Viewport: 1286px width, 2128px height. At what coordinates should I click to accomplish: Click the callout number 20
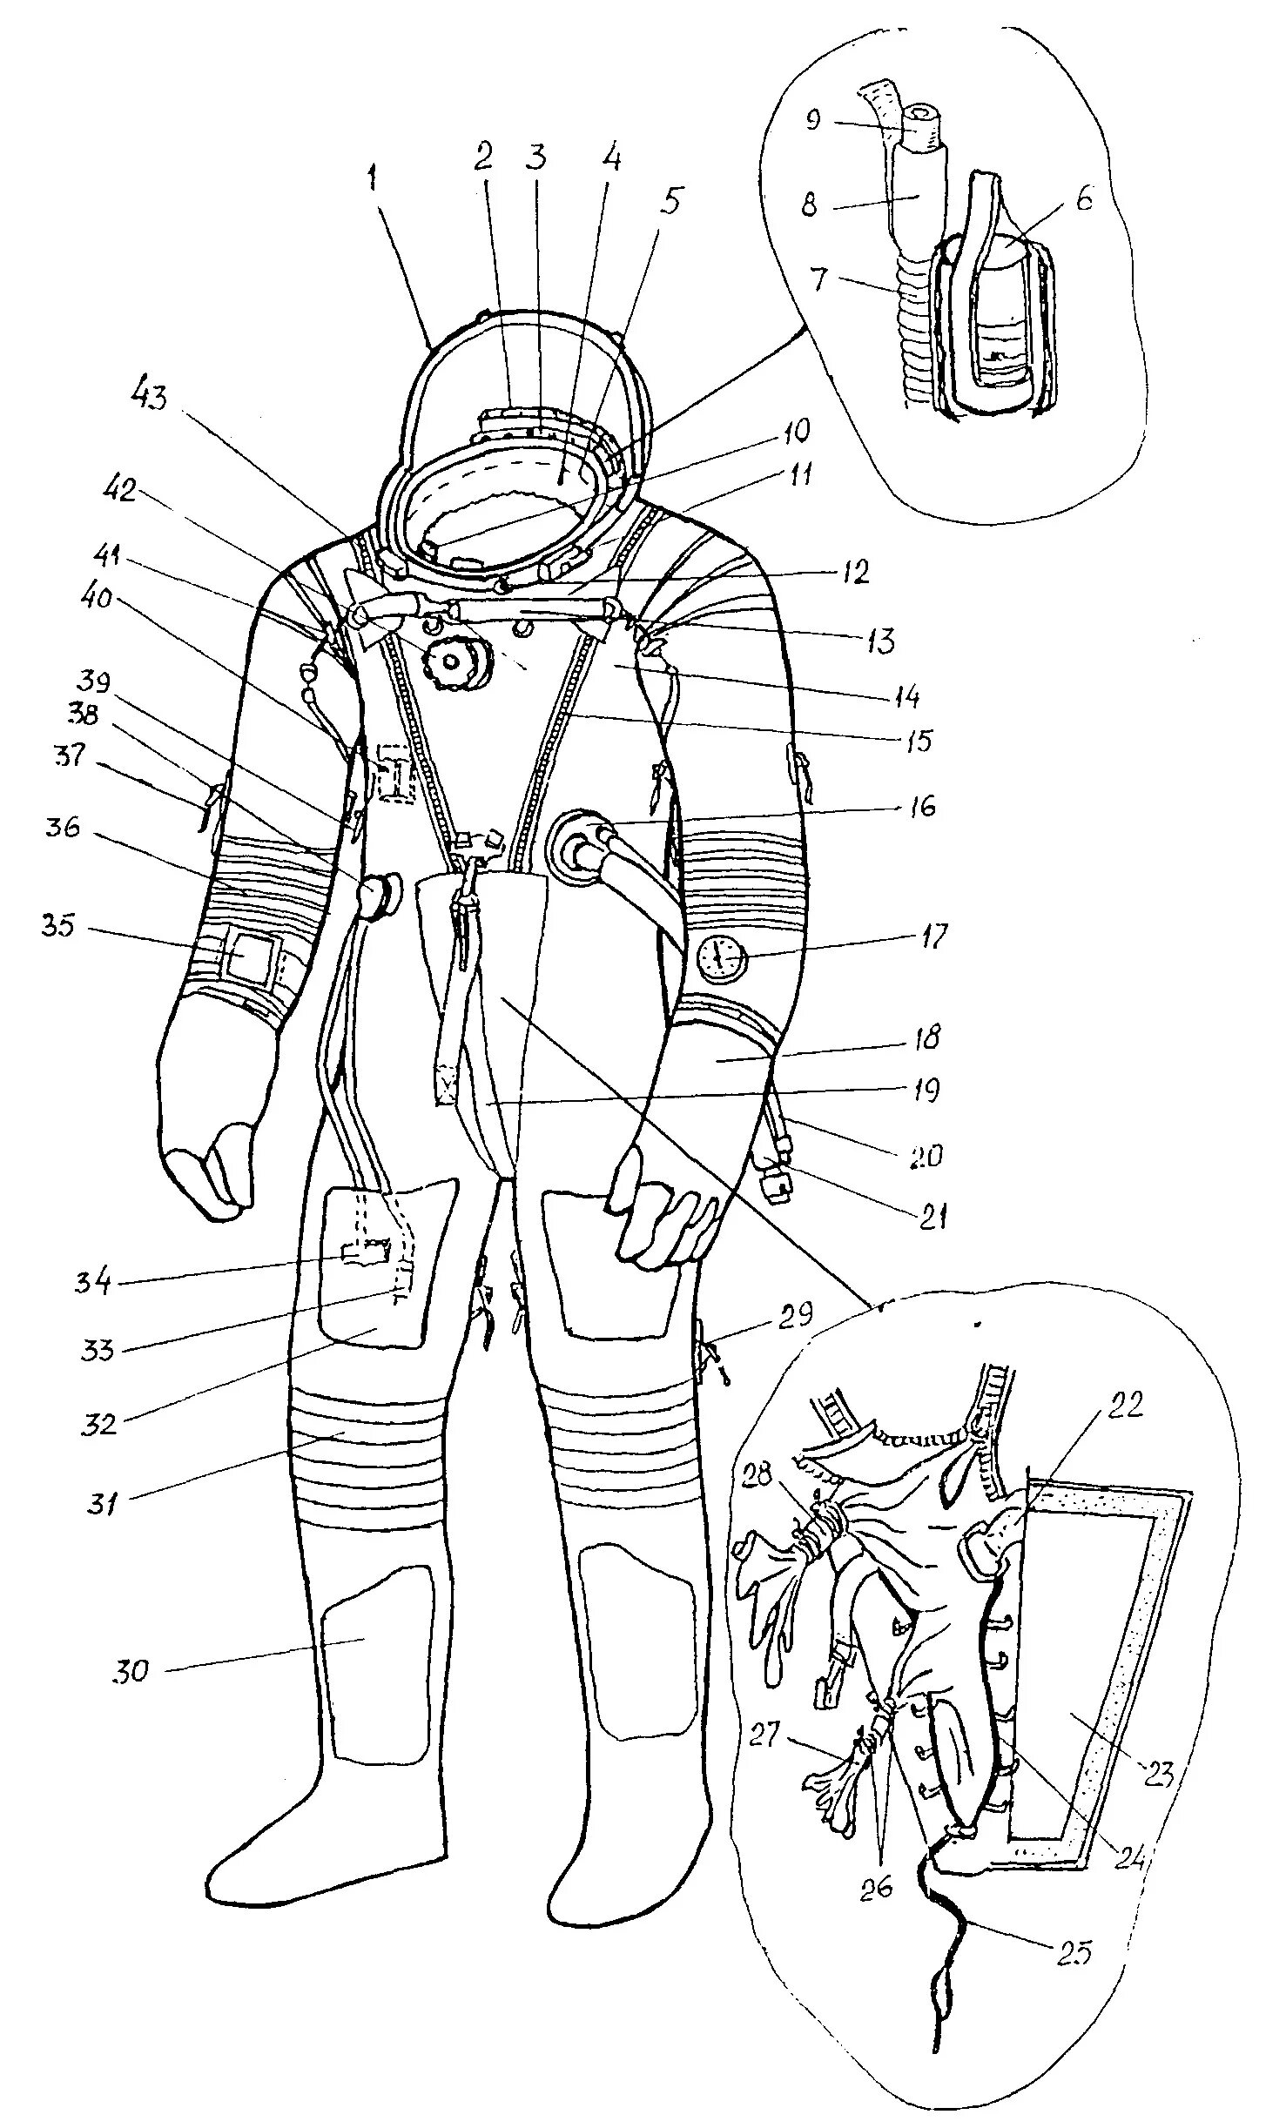tap(921, 1156)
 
